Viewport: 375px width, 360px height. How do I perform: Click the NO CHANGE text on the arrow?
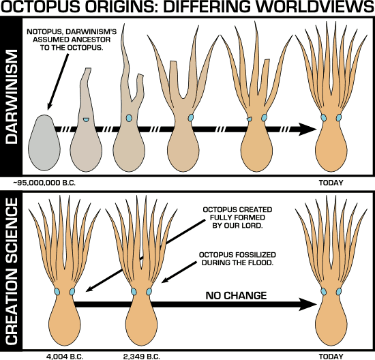[x=235, y=296]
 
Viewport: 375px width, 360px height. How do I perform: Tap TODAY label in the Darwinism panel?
[x=331, y=183]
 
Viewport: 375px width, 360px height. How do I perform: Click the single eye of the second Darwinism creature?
[x=86, y=120]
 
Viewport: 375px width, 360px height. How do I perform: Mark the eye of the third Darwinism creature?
[x=129, y=119]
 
